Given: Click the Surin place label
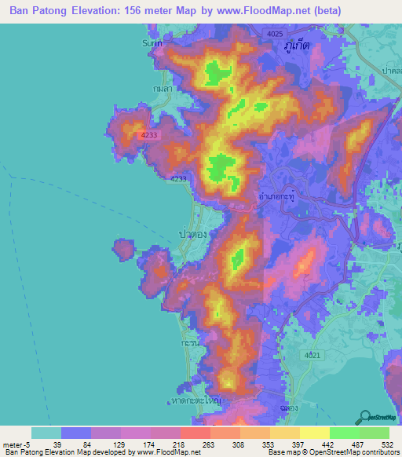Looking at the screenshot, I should point(152,43).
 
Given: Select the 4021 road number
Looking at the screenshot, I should point(312,356).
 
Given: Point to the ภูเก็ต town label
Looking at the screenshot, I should point(298,46).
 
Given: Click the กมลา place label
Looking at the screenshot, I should point(163,90).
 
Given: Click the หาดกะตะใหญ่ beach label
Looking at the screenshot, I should point(196,401).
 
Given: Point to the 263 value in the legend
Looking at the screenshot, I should point(209,444).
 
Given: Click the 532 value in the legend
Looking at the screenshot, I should point(386,444).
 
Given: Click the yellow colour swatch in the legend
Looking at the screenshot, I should point(314,433).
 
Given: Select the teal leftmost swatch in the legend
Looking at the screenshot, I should point(46,433).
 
